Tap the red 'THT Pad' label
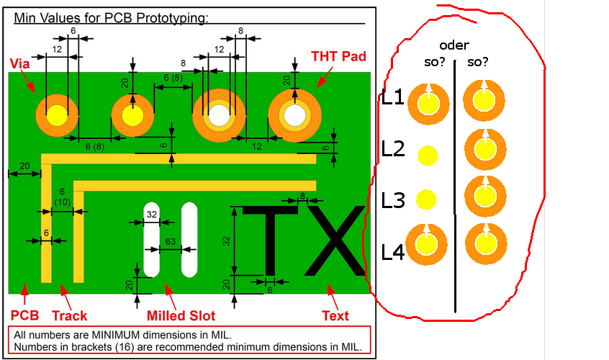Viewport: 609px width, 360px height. (339, 55)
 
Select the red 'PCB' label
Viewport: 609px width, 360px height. (23, 315)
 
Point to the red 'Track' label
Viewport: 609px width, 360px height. (70, 315)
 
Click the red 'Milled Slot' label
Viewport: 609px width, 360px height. (181, 315)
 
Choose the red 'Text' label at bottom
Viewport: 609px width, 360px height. (335, 315)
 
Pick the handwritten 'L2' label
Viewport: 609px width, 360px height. (393, 149)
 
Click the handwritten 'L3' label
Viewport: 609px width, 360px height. (393, 199)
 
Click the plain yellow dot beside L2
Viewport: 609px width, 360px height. (428, 155)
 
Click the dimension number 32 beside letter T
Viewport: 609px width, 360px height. (226, 240)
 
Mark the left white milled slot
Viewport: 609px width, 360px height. (152, 239)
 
